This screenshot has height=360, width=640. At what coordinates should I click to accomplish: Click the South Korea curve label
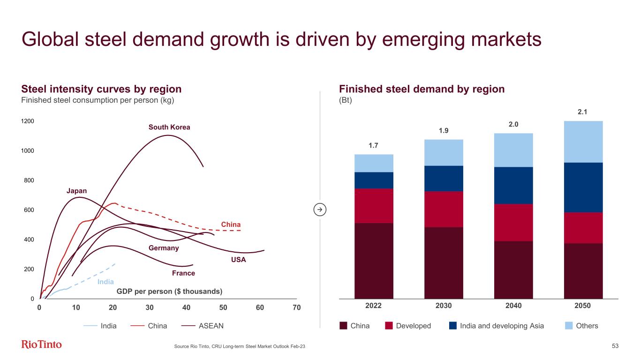(x=169, y=127)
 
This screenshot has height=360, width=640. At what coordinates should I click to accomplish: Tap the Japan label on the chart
(x=76, y=190)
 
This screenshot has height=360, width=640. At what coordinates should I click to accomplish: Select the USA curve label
(x=239, y=260)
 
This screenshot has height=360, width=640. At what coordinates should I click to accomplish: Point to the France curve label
(x=183, y=273)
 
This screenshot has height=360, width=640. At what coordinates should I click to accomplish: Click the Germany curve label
(x=164, y=248)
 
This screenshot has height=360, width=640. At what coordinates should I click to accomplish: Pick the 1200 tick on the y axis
(x=28, y=121)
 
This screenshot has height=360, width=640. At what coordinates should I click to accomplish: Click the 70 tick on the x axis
(x=296, y=307)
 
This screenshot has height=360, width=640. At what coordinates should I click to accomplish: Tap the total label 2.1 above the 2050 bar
(x=583, y=112)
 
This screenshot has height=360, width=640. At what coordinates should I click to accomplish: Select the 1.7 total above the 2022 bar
(x=373, y=145)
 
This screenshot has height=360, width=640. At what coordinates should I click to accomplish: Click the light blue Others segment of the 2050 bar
(x=583, y=142)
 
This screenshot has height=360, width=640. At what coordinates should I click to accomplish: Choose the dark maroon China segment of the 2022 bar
(x=374, y=260)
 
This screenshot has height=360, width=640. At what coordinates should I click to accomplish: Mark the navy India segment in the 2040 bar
(x=513, y=185)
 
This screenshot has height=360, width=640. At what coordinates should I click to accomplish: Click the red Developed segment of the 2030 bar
(x=444, y=209)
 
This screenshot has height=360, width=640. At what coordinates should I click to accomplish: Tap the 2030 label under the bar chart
(x=444, y=306)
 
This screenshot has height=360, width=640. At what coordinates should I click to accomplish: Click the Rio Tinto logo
(x=41, y=345)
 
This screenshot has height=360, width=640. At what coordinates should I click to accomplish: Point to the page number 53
(x=615, y=346)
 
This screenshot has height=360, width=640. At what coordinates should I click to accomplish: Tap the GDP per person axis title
(x=169, y=292)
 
